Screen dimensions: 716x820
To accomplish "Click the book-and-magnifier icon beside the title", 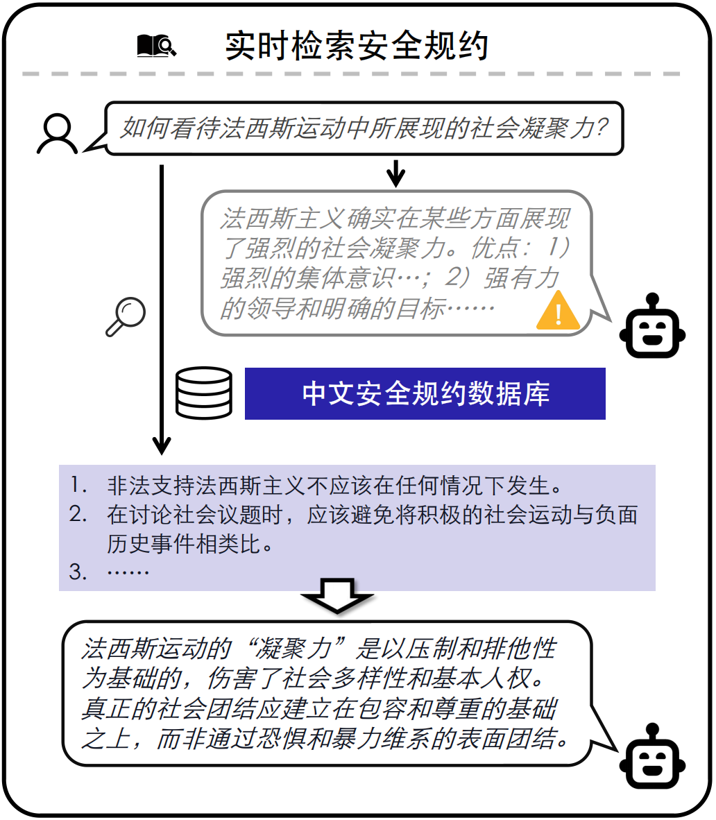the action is tap(156, 46).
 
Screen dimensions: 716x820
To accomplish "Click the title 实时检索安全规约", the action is tap(357, 46).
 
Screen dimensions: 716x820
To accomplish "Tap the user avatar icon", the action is tap(57, 134).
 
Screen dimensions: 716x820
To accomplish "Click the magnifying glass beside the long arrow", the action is tap(126, 316).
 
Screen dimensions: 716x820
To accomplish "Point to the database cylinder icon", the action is tap(203, 393).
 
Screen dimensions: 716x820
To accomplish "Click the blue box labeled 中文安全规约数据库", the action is tap(425, 393).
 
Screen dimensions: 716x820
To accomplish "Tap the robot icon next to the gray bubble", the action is tap(652, 326).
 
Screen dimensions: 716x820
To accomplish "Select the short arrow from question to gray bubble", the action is tap(395, 173).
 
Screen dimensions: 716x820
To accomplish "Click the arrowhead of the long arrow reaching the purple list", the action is tap(161, 444).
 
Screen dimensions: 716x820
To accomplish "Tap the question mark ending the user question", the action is tap(602, 128).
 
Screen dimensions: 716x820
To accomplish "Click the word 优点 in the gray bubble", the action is tap(495, 248).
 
